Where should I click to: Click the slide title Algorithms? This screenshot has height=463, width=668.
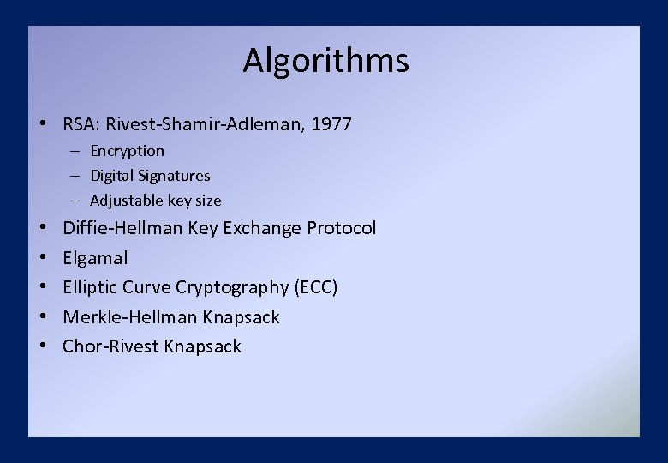(x=325, y=61)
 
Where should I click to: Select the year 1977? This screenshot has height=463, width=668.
(x=331, y=124)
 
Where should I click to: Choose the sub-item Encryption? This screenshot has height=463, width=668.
(x=128, y=151)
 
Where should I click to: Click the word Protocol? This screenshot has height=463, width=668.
(x=341, y=228)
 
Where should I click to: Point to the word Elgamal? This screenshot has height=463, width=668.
(x=95, y=257)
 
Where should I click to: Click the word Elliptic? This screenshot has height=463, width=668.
(x=90, y=287)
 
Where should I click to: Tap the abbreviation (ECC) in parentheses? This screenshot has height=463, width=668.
(x=316, y=287)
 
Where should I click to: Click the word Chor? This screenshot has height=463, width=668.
(x=81, y=346)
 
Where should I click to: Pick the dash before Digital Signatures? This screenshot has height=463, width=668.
(x=75, y=176)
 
